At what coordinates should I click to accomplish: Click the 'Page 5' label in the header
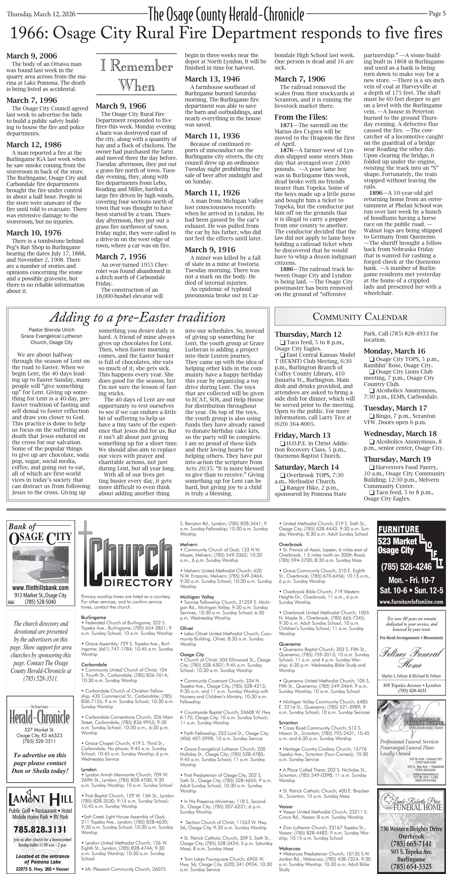point(437,14)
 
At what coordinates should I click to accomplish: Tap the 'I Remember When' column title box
point(136,76)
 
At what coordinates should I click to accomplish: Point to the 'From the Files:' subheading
point(301,117)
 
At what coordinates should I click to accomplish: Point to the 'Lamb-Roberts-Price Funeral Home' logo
point(411,807)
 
